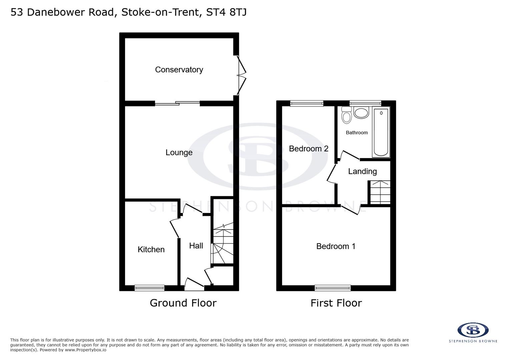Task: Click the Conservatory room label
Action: click(x=179, y=70)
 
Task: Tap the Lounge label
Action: click(x=179, y=152)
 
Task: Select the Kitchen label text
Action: click(x=151, y=249)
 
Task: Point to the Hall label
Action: click(x=196, y=246)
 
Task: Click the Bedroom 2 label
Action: click(x=309, y=149)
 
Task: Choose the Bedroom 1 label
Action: click(x=336, y=246)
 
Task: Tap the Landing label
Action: click(x=362, y=171)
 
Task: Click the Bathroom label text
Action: click(x=357, y=133)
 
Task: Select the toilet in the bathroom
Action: click(x=347, y=115)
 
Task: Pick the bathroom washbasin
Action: click(x=361, y=113)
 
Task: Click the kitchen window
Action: click(x=149, y=288)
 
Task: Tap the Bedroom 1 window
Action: click(x=333, y=288)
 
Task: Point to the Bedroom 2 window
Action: click(x=307, y=103)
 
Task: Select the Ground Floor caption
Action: click(x=183, y=303)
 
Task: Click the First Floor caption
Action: click(x=336, y=303)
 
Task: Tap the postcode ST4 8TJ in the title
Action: click(x=226, y=12)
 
